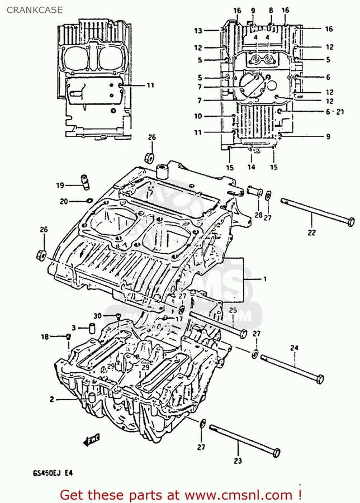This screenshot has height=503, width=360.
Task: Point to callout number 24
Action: tap(293, 347)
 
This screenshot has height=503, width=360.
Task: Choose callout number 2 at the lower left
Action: tap(51, 399)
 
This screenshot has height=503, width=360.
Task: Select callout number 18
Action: tap(45, 336)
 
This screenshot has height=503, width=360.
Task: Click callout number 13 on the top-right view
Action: tap(198, 30)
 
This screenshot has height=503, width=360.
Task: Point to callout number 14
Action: tap(252, 167)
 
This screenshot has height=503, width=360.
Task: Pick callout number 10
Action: tap(198, 116)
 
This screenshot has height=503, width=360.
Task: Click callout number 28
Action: tap(258, 215)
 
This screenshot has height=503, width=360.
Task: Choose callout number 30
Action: tap(97, 315)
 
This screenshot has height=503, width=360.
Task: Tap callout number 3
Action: tap(73, 328)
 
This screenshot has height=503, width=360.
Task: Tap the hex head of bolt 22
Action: tap(350, 220)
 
